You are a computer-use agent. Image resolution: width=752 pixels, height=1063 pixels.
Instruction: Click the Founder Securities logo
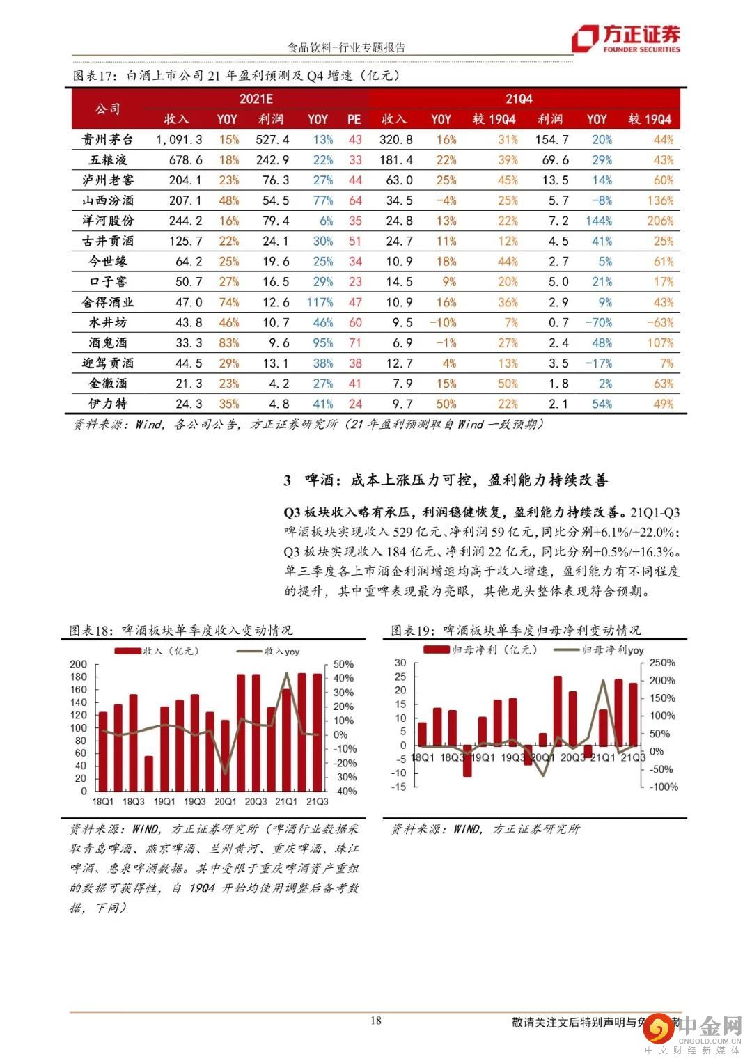point(625,39)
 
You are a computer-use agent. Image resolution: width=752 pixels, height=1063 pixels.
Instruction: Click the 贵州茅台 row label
point(108,139)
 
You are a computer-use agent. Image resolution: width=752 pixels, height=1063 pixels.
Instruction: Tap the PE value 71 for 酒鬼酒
point(355,342)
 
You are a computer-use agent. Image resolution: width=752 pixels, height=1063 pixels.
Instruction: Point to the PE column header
point(354,119)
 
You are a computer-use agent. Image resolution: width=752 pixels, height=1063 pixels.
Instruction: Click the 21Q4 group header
point(519,99)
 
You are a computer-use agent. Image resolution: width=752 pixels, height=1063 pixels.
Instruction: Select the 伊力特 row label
point(108,403)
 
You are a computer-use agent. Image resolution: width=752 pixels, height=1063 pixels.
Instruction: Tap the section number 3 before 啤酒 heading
point(288,480)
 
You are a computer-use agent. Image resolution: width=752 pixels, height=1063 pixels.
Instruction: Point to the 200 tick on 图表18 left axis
point(79,664)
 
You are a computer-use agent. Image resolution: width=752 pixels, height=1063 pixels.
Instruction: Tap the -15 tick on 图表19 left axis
point(398,787)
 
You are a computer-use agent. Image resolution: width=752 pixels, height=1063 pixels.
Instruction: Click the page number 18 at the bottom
point(375,1021)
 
